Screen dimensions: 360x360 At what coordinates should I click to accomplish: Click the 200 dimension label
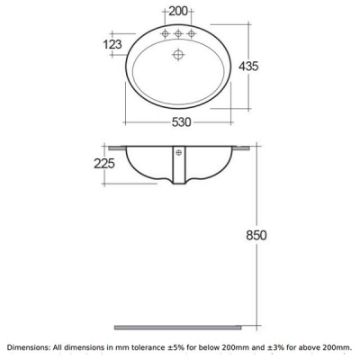[178, 11]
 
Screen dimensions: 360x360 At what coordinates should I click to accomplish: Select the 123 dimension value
[113, 44]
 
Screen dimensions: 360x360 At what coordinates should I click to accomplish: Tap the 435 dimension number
[248, 66]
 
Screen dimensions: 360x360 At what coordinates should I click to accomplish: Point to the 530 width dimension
[181, 122]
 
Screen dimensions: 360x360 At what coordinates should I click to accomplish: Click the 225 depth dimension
[104, 163]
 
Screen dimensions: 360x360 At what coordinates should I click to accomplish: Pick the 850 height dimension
[256, 235]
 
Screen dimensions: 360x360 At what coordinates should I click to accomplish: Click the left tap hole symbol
[165, 33]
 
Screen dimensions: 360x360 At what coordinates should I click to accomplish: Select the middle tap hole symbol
[178, 33]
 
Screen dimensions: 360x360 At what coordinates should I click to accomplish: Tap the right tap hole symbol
[191, 33]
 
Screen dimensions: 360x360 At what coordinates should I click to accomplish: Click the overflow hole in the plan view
[179, 54]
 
